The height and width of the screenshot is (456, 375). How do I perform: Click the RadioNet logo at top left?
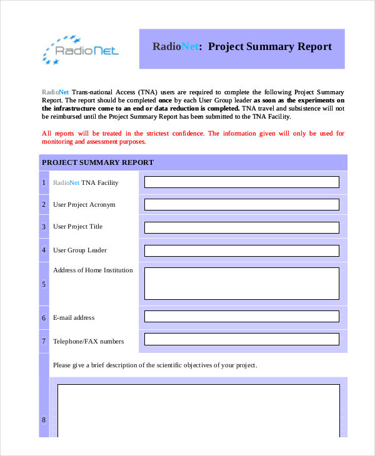click(x=79, y=49)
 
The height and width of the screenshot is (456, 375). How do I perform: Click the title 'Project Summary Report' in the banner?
click(x=242, y=47)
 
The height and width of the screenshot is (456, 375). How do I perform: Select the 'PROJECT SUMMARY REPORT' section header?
click(x=97, y=162)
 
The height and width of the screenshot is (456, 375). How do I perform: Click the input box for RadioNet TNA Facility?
click(x=242, y=182)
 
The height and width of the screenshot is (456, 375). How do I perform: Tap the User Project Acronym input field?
click(x=242, y=204)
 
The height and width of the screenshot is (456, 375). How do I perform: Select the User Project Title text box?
click(x=242, y=227)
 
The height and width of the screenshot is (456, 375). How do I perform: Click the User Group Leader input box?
click(x=242, y=250)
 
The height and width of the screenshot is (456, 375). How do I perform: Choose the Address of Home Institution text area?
click(x=242, y=284)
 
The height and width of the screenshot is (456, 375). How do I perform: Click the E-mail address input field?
click(x=242, y=317)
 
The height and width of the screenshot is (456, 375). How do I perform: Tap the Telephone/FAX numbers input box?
click(x=242, y=339)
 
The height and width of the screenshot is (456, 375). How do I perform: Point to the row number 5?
click(x=44, y=284)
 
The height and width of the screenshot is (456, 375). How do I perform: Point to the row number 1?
click(x=44, y=182)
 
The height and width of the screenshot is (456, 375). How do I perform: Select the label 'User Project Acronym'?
click(x=84, y=204)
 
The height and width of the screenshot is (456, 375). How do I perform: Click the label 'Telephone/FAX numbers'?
click(x=88, y=341)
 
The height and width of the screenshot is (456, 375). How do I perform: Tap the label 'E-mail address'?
click(x=74, y=317)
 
